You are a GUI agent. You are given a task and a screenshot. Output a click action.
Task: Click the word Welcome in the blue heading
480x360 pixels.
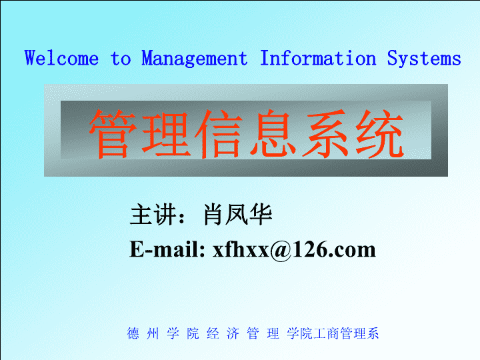click(61, 58)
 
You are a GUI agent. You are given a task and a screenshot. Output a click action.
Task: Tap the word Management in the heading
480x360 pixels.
click(195, 59)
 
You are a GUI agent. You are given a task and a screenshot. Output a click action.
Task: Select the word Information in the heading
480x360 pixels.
click(318, 58)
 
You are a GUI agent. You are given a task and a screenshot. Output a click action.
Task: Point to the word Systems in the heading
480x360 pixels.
click(424, 59)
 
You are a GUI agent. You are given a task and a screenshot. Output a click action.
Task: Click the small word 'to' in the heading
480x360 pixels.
click(121, 58)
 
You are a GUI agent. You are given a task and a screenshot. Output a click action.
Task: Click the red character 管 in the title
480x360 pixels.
click(113, 134)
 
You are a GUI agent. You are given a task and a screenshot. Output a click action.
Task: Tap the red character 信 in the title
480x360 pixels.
click(219, 134)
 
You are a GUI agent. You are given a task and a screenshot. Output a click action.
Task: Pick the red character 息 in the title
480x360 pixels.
click(273, 134)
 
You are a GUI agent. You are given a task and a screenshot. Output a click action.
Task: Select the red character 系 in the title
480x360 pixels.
click(326, 134)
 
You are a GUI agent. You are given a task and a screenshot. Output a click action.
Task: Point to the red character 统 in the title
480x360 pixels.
click(379, 134)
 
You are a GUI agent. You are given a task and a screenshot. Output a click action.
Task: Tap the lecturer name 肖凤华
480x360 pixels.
click(237, 215)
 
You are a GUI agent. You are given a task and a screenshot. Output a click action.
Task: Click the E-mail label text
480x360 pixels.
click(167, 249)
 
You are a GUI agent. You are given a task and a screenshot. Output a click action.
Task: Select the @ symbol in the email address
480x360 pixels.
click(281, 251)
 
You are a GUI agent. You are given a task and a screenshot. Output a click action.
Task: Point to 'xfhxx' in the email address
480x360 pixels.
click(241, 249)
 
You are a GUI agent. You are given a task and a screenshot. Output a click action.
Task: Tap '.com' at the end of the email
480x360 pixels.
click(353, 251)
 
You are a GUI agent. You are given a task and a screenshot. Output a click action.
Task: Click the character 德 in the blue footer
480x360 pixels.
click(133, 333)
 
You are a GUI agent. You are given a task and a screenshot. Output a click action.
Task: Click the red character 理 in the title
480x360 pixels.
click(166, 134)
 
